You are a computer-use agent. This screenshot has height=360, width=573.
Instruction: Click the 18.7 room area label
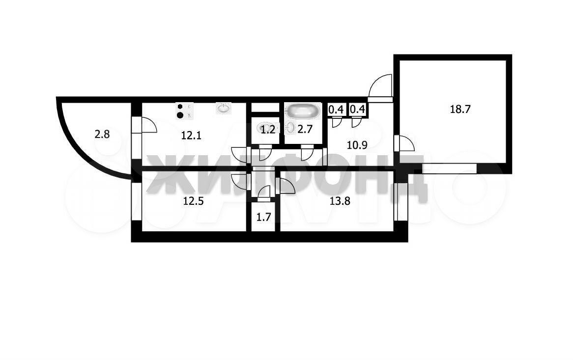click(x=460, y=109)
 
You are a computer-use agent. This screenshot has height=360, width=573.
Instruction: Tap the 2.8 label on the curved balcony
click(x=102, y=135)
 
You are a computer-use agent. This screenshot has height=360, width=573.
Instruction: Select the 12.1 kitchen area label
click(x=192, y=136)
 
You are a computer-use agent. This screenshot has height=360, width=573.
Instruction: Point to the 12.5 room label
click(x=193, y=201)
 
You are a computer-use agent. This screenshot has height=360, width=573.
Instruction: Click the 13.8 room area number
click(x=340, y=201)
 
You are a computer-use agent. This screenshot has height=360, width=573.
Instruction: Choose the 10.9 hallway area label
click(x=357, y=145)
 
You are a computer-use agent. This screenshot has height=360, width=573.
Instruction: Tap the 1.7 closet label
click(x=263, y=218)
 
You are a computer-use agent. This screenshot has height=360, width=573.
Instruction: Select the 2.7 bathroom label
click(x=304, y=129)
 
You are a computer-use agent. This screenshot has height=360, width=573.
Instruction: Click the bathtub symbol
click(x=303, y=111)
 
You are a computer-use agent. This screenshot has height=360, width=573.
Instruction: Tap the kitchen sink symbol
click(x=223, y=108)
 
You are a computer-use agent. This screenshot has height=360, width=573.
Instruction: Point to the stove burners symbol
click(x=184, y=111)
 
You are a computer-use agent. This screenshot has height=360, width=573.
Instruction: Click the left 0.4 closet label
click(x=336, y=109)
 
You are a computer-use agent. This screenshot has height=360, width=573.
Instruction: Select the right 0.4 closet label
click(x=357, y=109)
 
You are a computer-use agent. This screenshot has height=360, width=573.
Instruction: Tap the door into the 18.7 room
click(x=405, y=143)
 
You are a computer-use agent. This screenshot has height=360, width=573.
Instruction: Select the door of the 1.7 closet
click(x=264, y=193)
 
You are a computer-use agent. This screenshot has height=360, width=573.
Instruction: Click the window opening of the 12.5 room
click(x=136, y=201)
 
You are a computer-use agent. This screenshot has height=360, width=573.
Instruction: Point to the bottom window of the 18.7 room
click(x=450, y=168)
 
